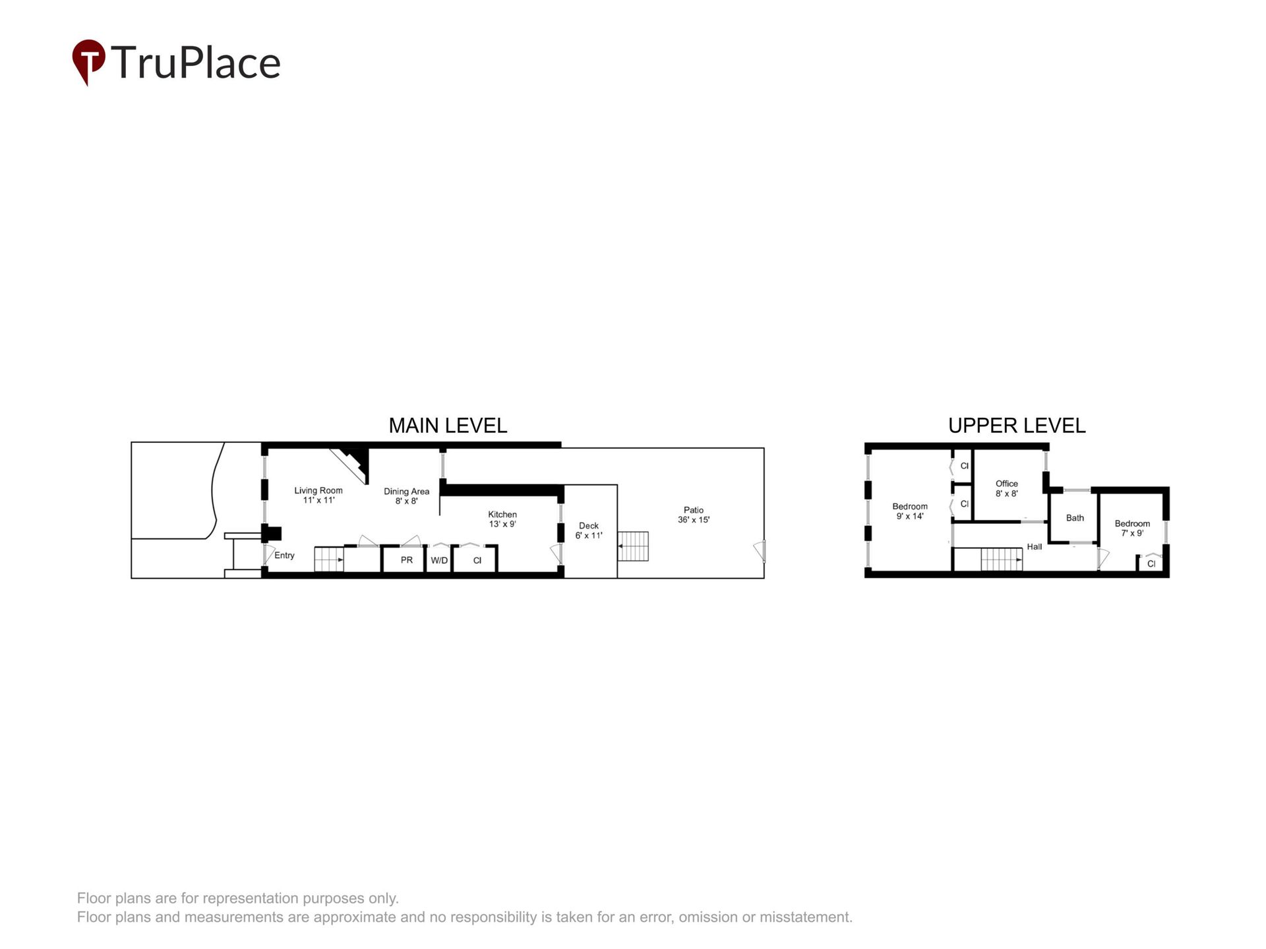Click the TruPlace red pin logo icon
pos(88,61)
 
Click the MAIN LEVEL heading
pos(448,426)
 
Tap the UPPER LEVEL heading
pos(1017,426)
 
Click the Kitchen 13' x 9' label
pos(502,519)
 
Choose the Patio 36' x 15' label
pos(694,515)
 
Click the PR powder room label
pos(407,560)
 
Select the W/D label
pos(439,560)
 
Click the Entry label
pos(284,556)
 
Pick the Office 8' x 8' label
pos(1007,488)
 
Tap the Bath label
pos(1075,518)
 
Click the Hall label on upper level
pos(1035,546)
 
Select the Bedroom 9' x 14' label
pos(910,511)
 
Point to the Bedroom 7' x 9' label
pos(1132,529)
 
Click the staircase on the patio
pos(633,546)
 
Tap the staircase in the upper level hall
pos(1001,560)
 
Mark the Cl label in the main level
pos(477,560)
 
